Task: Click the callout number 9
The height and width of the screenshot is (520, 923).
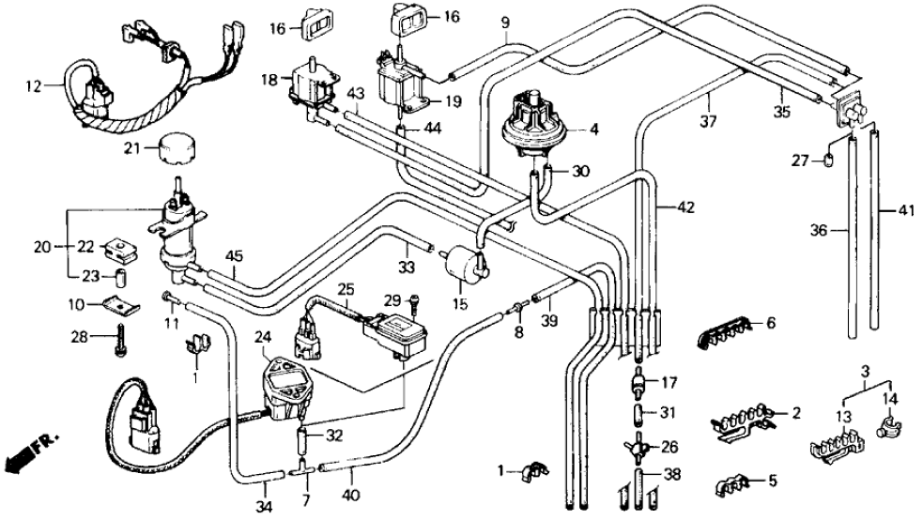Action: pos(505,21)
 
